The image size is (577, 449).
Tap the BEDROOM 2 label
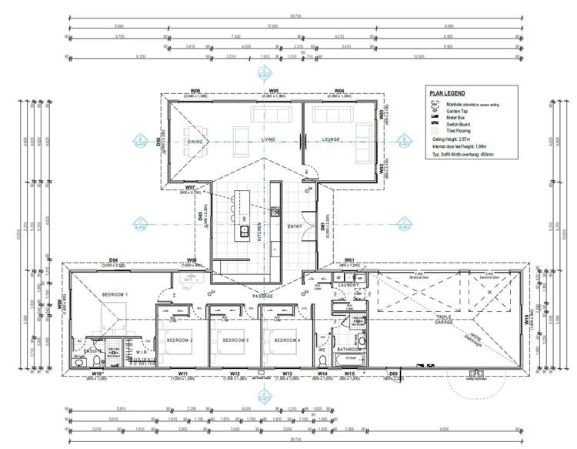(x=178, y=340)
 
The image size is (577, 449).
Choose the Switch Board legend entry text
(x=459, y=124)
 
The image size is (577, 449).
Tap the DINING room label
(x=195, y=141)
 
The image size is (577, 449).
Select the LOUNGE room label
(x=332, y=140)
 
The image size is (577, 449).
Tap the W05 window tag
(x=273, y=92)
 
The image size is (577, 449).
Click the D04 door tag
(x=113, y=261)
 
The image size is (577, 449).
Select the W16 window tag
(x=527, y=319)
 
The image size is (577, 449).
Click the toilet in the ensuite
(x=80, y=357)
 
